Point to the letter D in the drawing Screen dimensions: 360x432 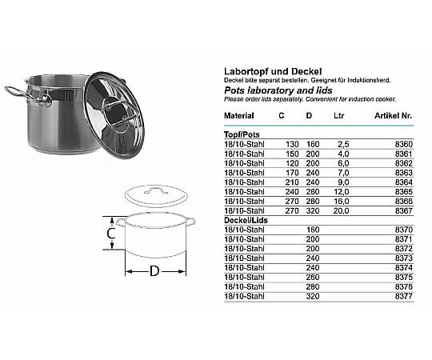click(154, 271)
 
